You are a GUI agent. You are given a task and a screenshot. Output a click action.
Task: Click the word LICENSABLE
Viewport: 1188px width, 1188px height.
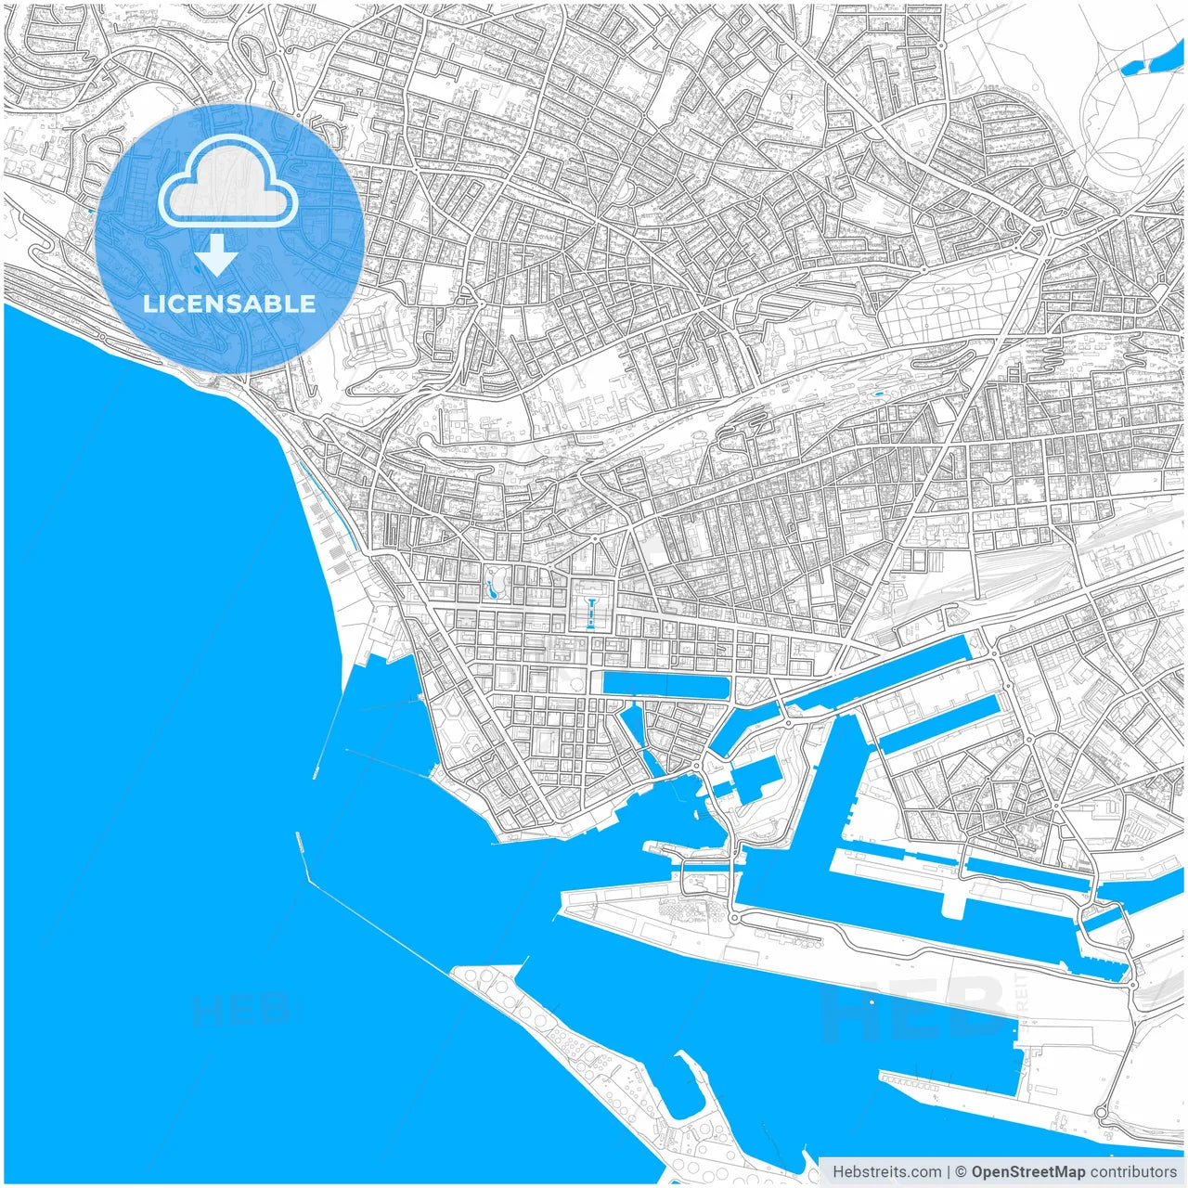tap(228, 303)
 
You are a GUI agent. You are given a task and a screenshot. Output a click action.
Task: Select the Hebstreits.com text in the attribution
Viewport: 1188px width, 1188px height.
tap(886, 1171)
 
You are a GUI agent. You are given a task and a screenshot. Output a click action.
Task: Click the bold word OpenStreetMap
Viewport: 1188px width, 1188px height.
tap(1027, 1171)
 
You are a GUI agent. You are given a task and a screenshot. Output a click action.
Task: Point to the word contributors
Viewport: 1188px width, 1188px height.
tap(1132, 1171)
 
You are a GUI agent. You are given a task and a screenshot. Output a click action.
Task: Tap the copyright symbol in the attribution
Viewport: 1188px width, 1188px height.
tap(962, 1171)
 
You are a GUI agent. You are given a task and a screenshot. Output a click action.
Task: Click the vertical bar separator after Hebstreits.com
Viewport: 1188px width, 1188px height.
tap(949, 1171)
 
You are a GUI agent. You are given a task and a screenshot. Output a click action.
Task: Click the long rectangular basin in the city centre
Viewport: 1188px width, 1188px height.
tap(665, 685)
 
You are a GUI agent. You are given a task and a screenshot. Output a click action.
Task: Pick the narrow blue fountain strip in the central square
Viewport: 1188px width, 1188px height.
tap(590, 613)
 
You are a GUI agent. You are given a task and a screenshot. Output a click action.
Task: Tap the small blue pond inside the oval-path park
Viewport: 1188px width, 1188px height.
tap(490, 587)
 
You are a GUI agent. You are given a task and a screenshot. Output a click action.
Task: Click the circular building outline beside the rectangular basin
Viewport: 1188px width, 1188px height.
tap(575, 686)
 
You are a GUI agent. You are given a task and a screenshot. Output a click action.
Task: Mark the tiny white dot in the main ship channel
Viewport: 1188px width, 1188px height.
tap(872, 1001)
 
